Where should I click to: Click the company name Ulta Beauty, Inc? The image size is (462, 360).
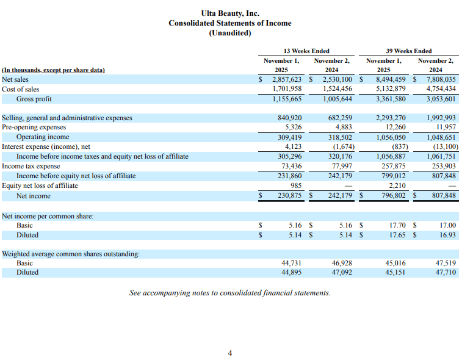[230, 13]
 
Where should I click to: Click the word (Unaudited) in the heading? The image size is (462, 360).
[230, 33]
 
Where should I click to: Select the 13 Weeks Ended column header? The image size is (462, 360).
[306, 51]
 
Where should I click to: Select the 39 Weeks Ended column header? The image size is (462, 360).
[409, 51]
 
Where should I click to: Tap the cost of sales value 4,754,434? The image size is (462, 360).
[439, 89]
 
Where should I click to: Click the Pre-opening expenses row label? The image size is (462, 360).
[34, 128]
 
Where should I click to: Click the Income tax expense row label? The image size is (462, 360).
[31, 166]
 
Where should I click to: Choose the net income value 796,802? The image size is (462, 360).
[391, 196]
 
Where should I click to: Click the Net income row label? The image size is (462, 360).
[34, 196]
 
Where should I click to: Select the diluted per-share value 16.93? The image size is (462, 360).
[448, 235]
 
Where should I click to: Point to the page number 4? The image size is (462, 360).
[230, 353]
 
